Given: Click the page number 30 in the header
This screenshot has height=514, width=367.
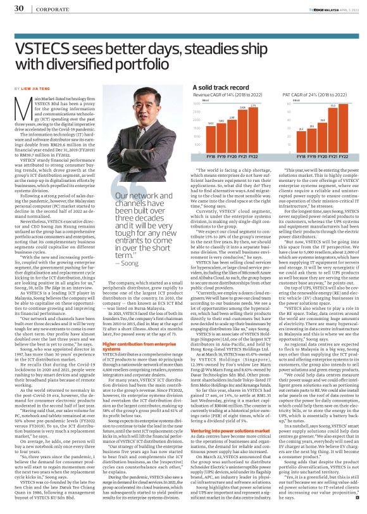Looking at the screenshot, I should coord(19,8).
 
